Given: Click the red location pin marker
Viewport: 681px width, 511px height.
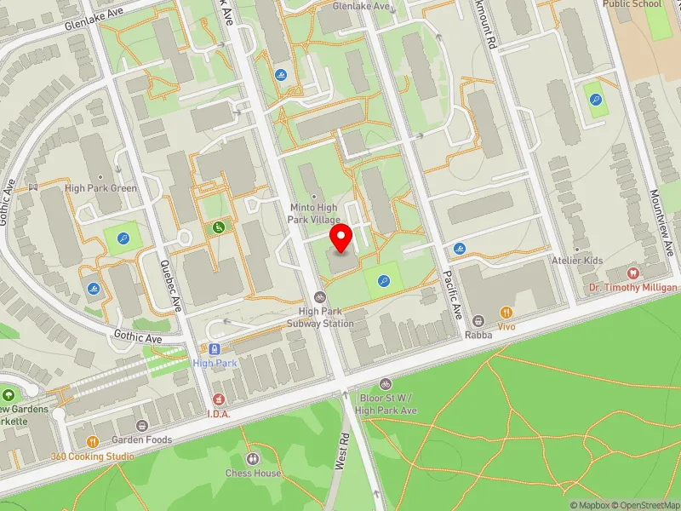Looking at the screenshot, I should tap(341, 238).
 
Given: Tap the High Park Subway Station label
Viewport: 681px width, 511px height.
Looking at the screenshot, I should tap(320, 318).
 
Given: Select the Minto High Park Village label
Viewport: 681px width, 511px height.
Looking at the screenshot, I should tap(313, 213).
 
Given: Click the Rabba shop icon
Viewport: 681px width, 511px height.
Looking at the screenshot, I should tap(478, 321).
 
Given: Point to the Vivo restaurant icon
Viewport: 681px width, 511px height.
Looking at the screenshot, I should tap(506, 313).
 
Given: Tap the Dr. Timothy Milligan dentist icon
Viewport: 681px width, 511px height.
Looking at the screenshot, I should tap(632, 273).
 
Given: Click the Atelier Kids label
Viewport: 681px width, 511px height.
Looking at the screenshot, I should tap(576, 260).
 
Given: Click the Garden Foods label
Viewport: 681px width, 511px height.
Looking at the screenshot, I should tap(142, 440).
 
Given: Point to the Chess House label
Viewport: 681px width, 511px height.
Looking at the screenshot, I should tap(253, 473).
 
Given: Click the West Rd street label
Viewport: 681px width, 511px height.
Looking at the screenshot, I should tap(343, 449).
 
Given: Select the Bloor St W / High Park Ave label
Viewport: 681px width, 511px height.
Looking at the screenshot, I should tap(386, 405).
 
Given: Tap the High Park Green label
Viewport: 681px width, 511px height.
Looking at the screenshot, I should tap(100, 188).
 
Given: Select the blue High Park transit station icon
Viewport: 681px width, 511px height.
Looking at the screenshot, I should tap(214, 348).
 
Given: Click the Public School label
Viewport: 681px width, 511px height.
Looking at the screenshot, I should tap(632, 4).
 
